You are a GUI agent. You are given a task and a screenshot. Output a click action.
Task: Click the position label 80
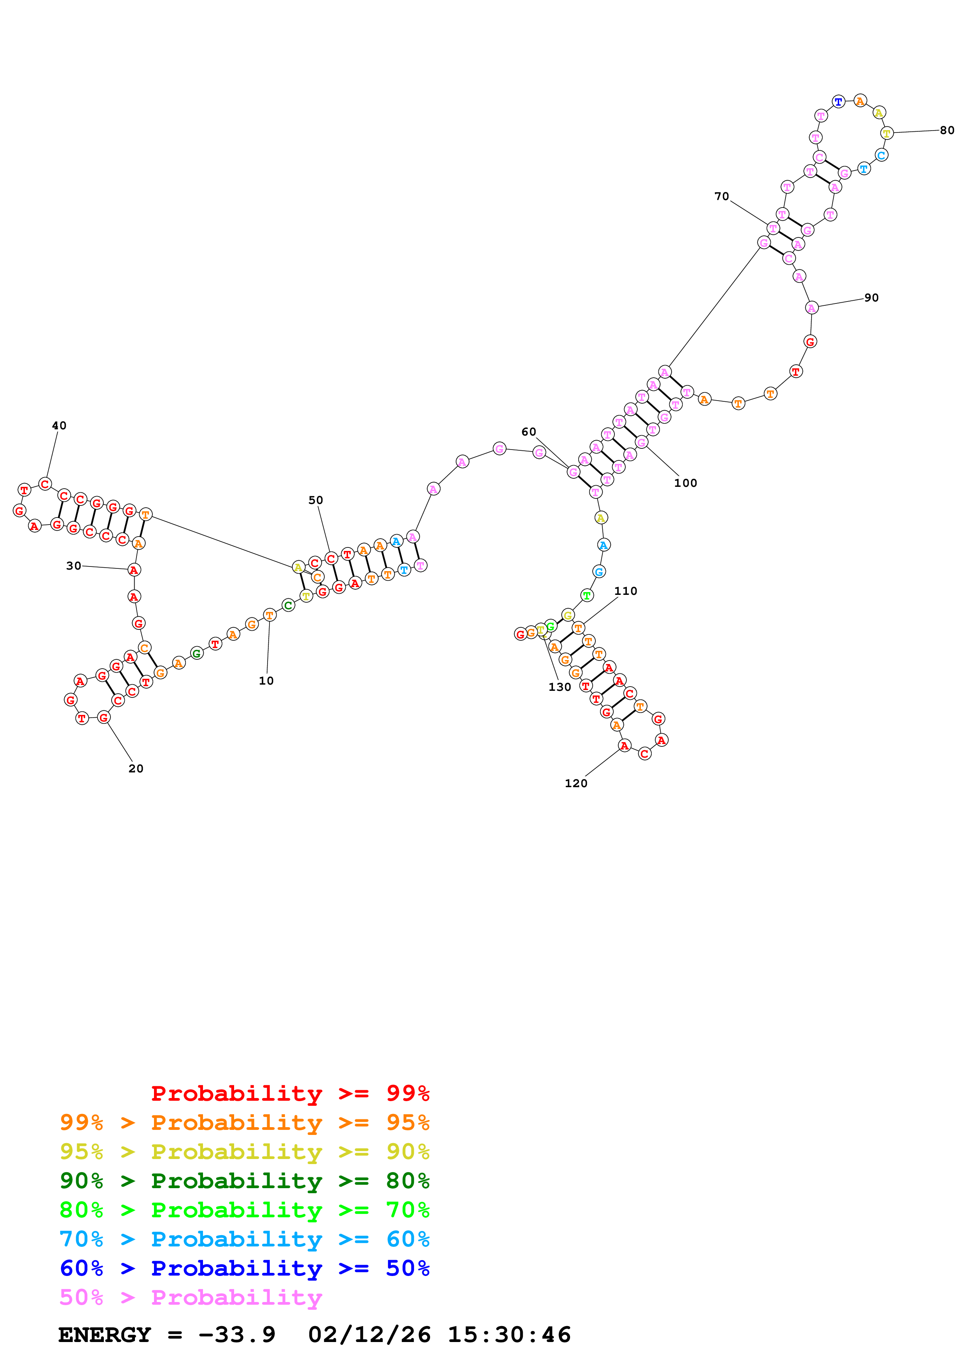coord(947,131)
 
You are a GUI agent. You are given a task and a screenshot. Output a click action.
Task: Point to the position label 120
coord(576,784)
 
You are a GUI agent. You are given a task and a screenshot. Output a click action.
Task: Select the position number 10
coord(266,681)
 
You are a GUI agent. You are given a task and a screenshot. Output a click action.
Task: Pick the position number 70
coord(722,197)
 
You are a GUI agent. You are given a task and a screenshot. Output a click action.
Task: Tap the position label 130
coord(560,687)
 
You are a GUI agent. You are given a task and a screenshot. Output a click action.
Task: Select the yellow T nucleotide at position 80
coord(886,133)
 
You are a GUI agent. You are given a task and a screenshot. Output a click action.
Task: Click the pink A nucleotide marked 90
coord(811,307)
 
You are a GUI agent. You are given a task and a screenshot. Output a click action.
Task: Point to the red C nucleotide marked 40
coord(45,484)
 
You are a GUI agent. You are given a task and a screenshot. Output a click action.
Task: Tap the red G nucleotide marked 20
coord(104,717)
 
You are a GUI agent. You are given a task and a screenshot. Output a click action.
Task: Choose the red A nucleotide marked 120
coord(624,746)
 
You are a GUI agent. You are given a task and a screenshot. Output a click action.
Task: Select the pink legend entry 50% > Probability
coord(191,1298)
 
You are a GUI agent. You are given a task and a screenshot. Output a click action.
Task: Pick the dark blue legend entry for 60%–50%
coord(244,1269)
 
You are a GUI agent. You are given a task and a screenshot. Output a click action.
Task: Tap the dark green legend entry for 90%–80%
coord(244,1181)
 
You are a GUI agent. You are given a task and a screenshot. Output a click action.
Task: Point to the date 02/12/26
coord(369,1335)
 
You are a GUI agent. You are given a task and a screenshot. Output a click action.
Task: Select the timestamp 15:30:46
coord(509,1335)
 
